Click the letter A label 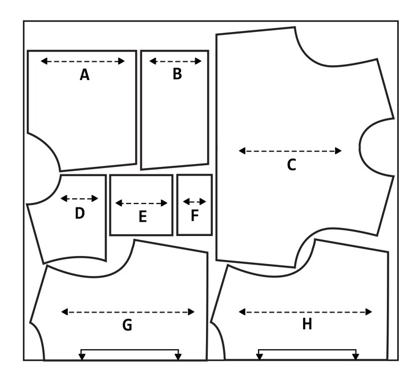(x=84, y=74)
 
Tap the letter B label (x=177, y=74)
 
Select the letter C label (x=291, y=165)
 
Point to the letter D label (x=80, y=213)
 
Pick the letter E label (x=143, y=217)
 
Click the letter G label (x=127, y=325)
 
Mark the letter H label (x=306, y=325)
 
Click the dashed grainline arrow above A (x=83, y=61)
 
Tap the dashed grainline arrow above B (x=176, y=61)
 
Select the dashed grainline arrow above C (x=290, y=151)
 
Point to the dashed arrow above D (x=79, y=199)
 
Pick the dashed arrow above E (x=142, y=203)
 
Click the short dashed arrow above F (x=195, y=202)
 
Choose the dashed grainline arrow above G (x=128, y=312)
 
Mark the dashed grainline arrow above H (x=305, y=312)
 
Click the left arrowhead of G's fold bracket (x=82, y=357)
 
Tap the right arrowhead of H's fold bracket (x=356, y=357)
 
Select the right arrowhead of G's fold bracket (x=178, y=357)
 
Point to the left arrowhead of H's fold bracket (x=259, y=357)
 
